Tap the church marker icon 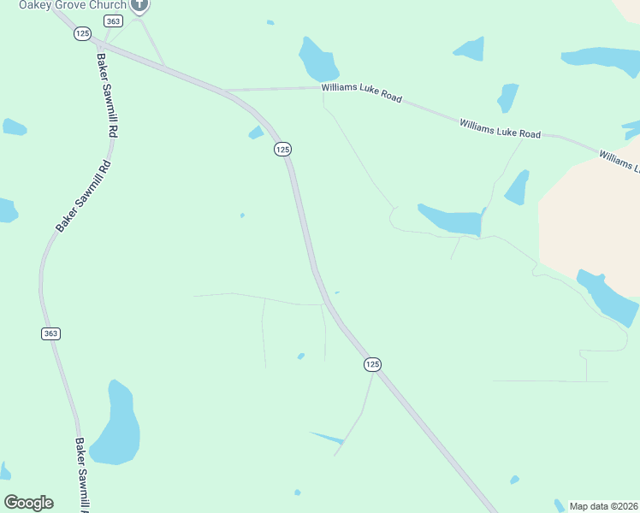pyautogui.click(x=141, y=5)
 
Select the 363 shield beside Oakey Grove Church pyautogui.click(x=113, y=20)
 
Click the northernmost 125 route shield pyautogui.click(x=82, y=33)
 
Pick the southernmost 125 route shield pyautogui.click(x=371, y=364)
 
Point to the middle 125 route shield pyautogui.click(x=283, y=149)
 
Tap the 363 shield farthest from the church pyautogui.click(x=50, y=333)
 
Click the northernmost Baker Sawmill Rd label pyautogui.click(x=106, y=97)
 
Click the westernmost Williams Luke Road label pyautogui.click(x=362, y=92)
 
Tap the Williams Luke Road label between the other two pyautogui.click(x=500, y=129)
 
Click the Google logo pyautogui.click(x=28, y=503)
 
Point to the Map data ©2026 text pyautogui.click(x=603, y=505)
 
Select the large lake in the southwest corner pyautogui.click(x=116, y=426)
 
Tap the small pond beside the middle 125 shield pyautogui.click(x=256, y=132)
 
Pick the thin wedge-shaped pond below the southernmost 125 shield pyautogui.click(x=328, y=438)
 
